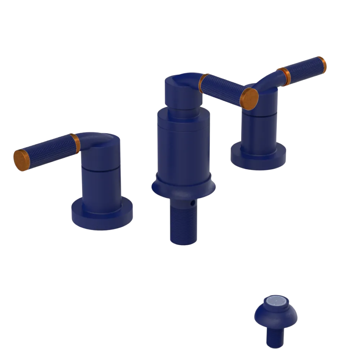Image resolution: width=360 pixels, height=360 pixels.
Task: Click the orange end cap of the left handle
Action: (x=21, y=159)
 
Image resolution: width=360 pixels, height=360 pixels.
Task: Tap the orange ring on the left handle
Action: (x=76, y=144)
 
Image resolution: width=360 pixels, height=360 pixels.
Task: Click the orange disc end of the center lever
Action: (x=249, y=98)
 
